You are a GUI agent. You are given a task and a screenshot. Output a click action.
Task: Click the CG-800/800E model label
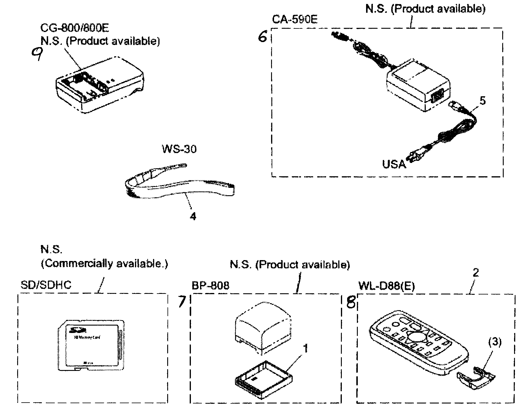pyautogui.click(x=75, y=28)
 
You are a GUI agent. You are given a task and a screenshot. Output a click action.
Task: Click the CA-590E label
pyautogui.click(x=294, y=20)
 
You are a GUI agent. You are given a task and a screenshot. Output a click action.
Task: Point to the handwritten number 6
pyautogui.click(x=262, y=37)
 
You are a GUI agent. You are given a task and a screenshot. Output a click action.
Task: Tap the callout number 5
pyautogui.click(x=482, y=101)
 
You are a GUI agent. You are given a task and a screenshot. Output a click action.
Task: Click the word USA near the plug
pyautogui.click(x=394, y=164)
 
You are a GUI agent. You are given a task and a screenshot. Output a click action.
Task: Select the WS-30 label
pyautogui.click(x=179, y=149)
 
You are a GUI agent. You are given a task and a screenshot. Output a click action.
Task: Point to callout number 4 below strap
pyautogui.click(x=193, y=217)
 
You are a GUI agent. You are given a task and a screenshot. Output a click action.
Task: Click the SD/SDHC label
pyautogui.click(x=46, y=285)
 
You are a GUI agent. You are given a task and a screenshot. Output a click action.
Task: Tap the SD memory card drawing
pyautogui.click(x=90, y=345)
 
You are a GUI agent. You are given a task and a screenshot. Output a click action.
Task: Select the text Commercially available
pyautogui.click(x=104, y=263)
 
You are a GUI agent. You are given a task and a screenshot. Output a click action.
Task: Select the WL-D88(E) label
pyautogui.click(x=386, y=286)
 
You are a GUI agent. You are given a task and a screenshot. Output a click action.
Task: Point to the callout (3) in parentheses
pyautogui.click(x=495, y=342)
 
